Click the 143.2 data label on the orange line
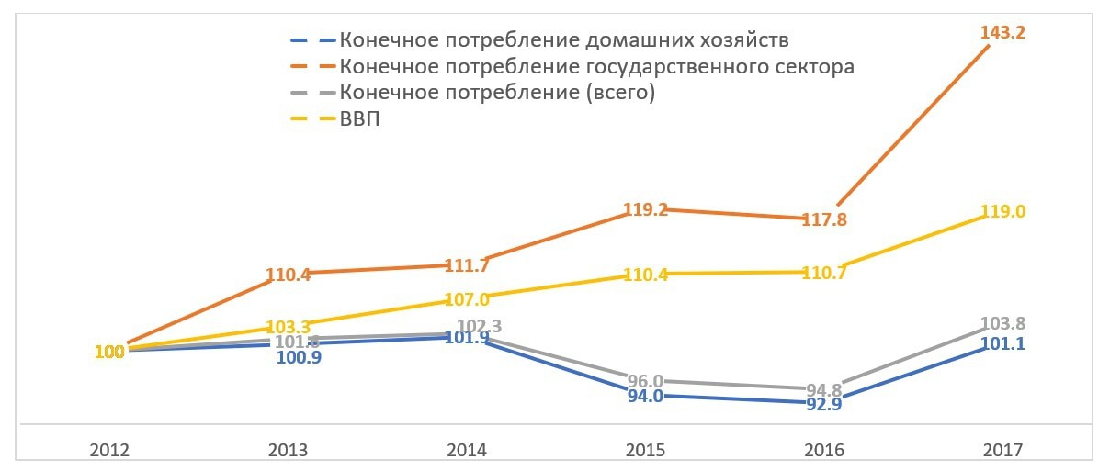pos(1002,33)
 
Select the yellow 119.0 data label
pos(1002,211)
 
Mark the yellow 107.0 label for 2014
pos(466,298)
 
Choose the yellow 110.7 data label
pos(824,272)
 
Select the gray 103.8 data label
pos(1002,323)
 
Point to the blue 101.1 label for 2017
pos(1002,343)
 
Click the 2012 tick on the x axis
pos(110,451)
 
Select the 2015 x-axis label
pos(645,451)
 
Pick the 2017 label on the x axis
pos(1002,451)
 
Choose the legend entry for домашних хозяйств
pos(563,40)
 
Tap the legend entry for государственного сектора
pos(596,67)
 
